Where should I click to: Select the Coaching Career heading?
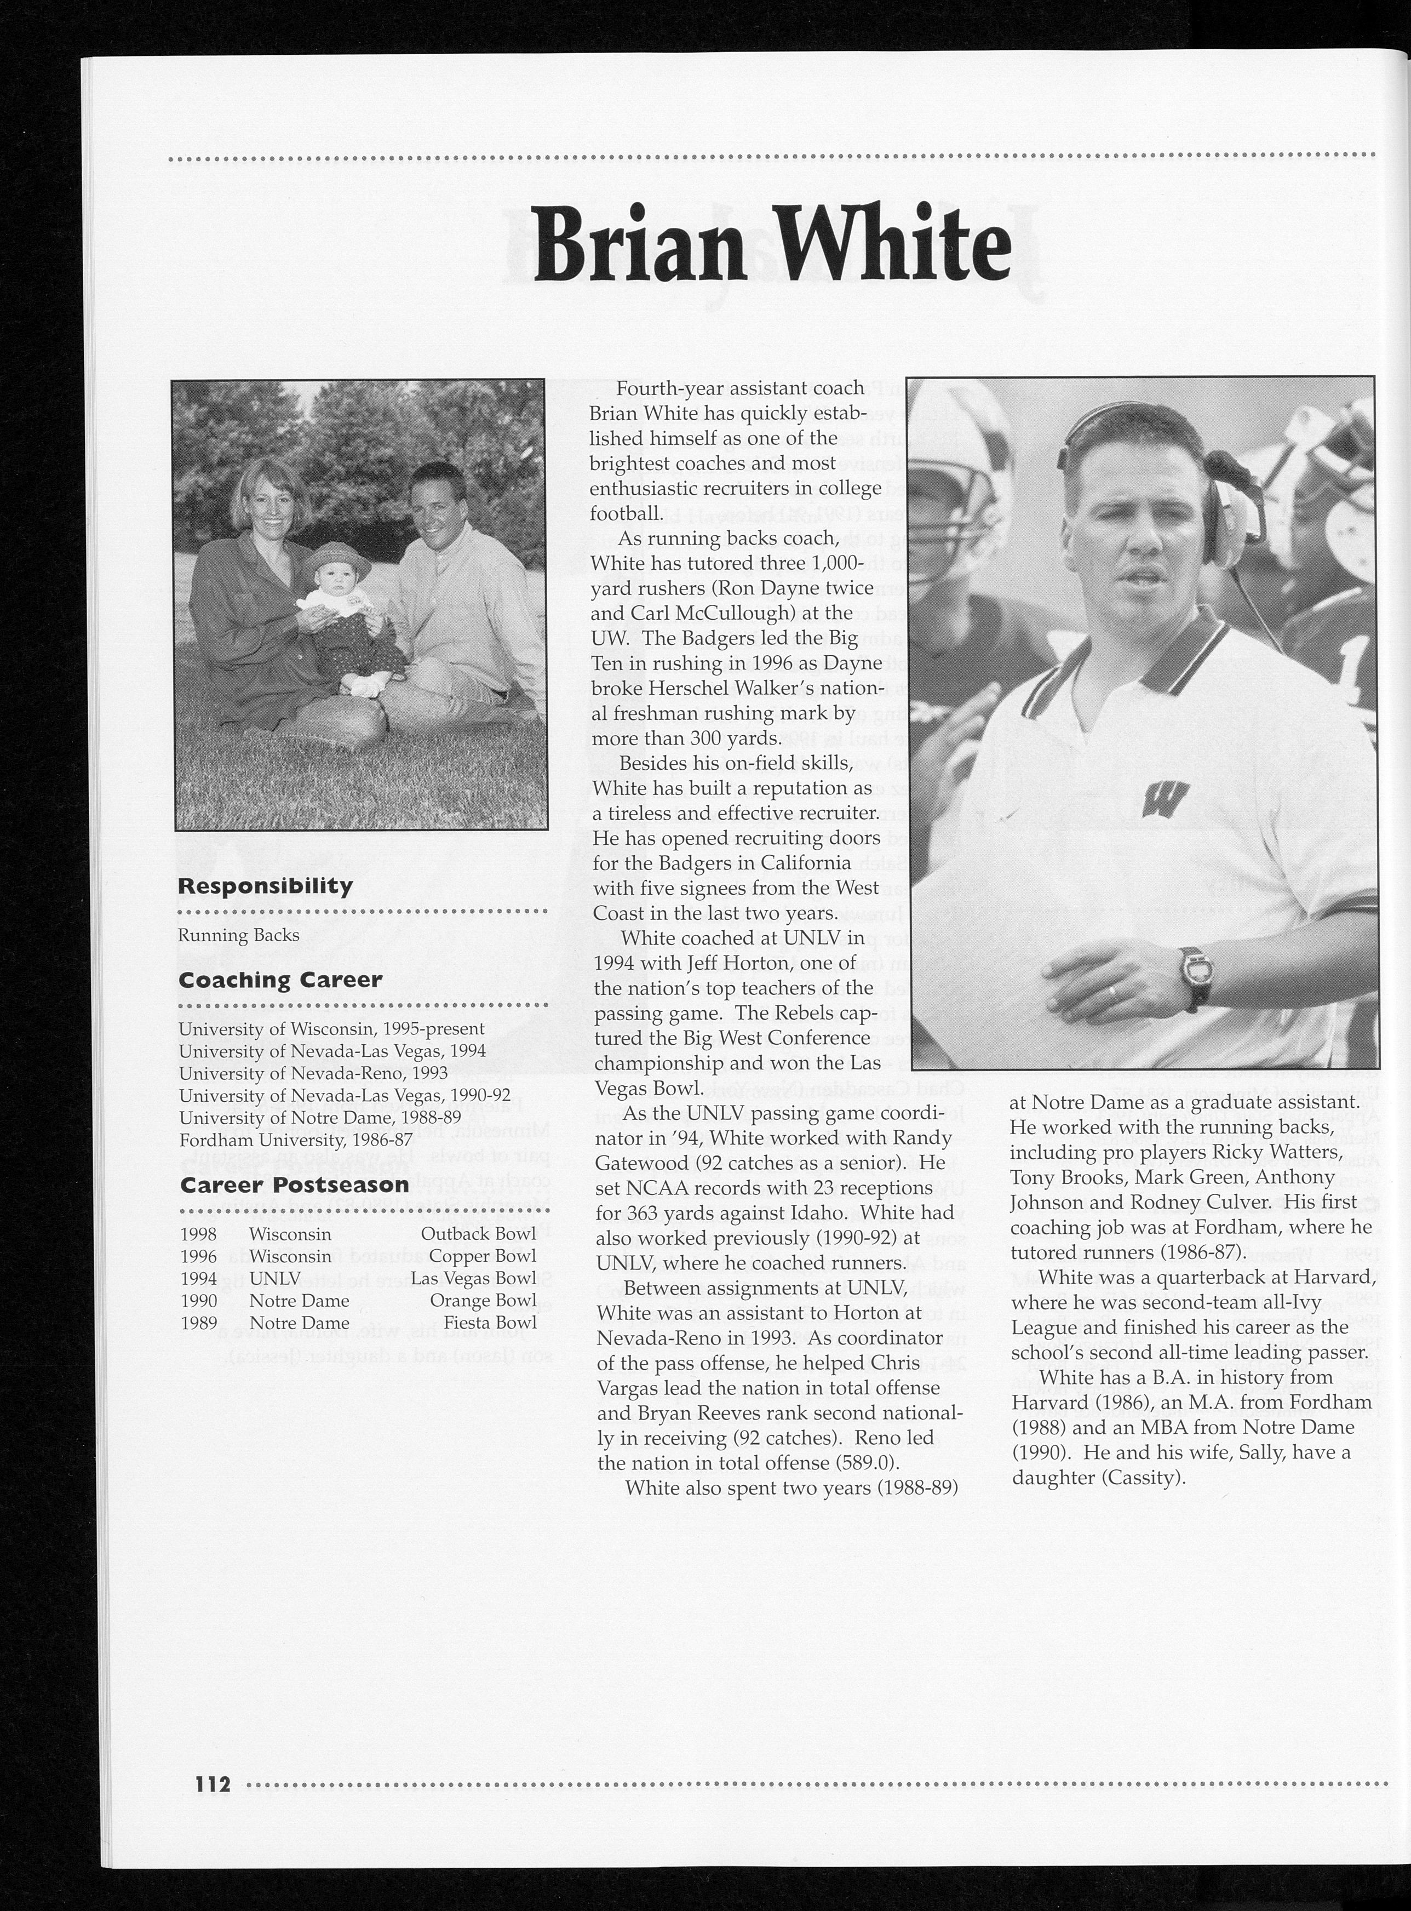(x=279, y=979)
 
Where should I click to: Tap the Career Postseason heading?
(x=293, y=1185)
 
